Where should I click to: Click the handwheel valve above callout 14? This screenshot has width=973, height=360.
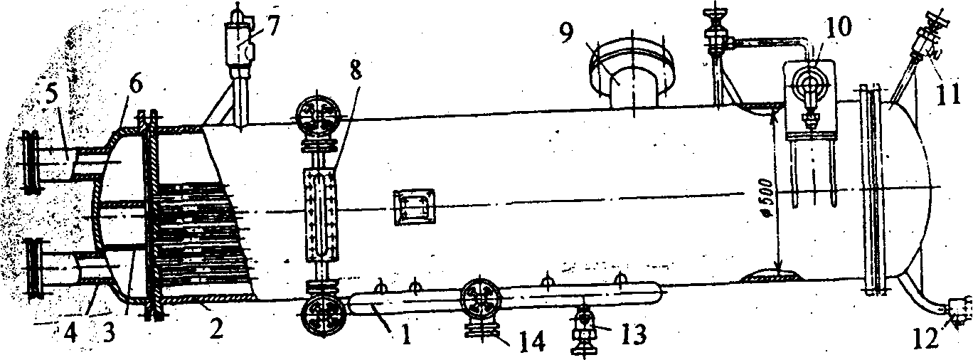[x=481, y=298]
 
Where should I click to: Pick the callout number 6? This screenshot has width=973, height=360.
[x=134, y=85]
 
